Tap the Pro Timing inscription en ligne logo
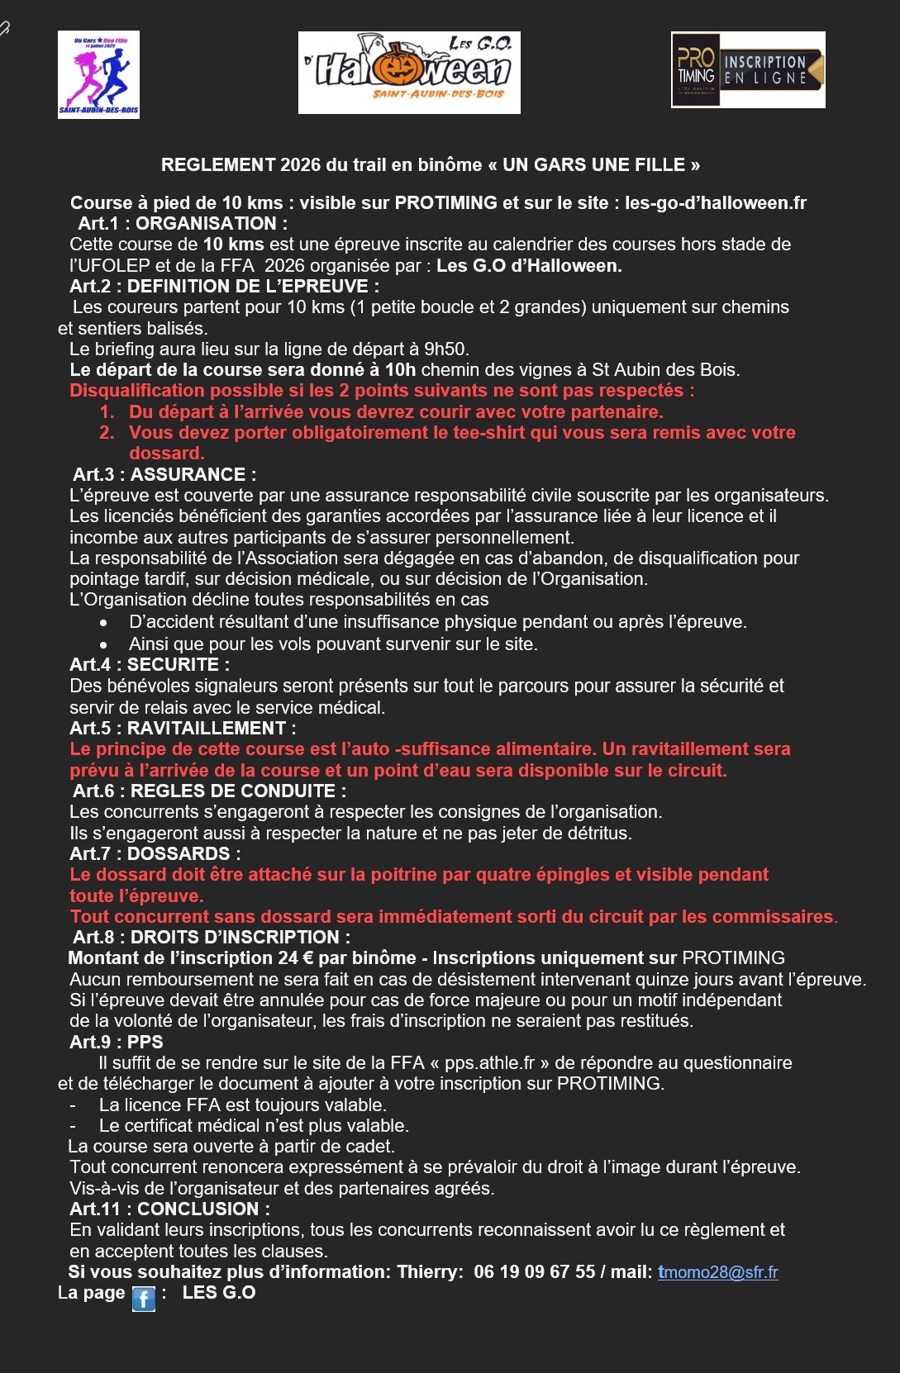pos(748,70)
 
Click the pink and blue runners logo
pos(98,74)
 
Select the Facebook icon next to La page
pos(143,1299)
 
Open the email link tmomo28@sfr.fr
pos(717,1272)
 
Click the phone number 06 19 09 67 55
pos(534,1272)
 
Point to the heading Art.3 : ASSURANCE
pos(164,474)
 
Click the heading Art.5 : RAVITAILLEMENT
pos(183,728)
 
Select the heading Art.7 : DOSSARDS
pos(155,853)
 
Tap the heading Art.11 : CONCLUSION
pos(169,1209)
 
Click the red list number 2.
pos(107,433)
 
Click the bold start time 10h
pos(401,369)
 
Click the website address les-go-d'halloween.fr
pos(715,203)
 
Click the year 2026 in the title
pos(300,164)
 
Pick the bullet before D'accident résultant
pos(103,623)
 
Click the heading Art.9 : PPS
pos(117,1042)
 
